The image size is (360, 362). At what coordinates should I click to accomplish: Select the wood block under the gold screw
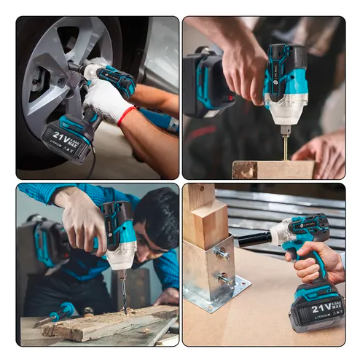point(273,170)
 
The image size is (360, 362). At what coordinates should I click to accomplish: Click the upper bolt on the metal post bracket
point(222,253)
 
